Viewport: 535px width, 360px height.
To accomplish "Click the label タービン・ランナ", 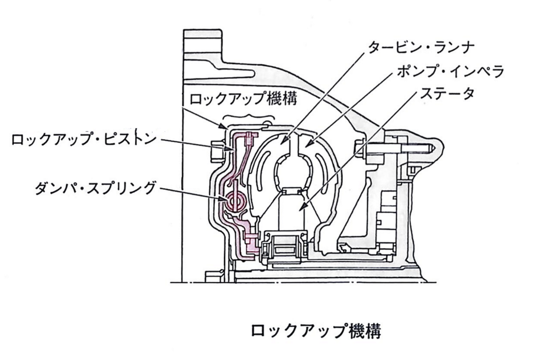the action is pyautogui.click(x=421, y=48).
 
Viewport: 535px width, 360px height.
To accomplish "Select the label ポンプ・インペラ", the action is pyautogui.click(x=450, y=72).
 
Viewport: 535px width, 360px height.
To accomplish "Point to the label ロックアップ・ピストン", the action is pyautogui.click(x=84, y=139).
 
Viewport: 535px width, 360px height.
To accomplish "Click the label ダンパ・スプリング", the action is pyautogui.click(x=95, y=188).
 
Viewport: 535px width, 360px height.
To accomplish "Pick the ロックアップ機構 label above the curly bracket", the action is pyautogui.click(x=243, y=98).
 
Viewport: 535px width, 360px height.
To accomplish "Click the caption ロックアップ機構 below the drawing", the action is pyautogui.click(x=316, y=331).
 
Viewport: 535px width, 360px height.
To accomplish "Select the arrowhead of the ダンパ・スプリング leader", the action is pyautogui.click(x=223, y=199).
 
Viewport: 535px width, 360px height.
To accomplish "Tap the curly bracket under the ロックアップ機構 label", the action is pyautogui.click(x=249, y=117).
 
